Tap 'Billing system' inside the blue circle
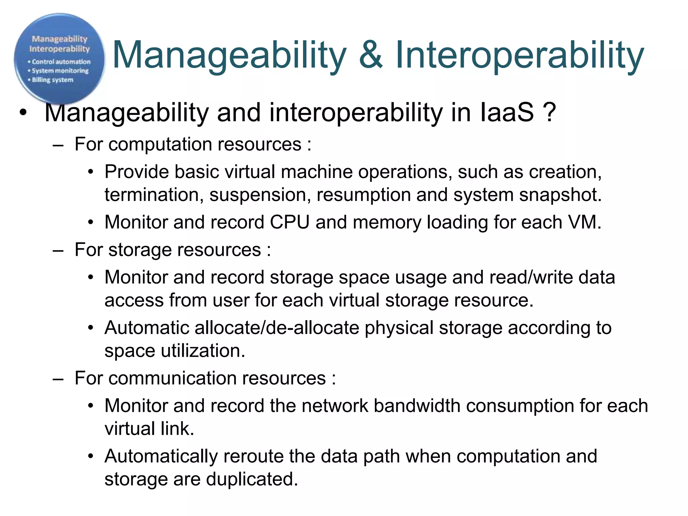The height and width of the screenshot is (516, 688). pos(52,80)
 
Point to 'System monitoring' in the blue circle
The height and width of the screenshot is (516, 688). pos(60,71)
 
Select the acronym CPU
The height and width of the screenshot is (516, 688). pos(290,222)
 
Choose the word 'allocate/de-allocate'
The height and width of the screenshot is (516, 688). pos(277,328)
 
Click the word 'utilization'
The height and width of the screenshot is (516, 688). pos(203,351)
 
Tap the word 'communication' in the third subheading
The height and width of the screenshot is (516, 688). pos(217,378)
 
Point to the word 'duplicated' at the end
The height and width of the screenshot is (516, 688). pos(252,479)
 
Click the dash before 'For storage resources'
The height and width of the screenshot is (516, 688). pos(58,251)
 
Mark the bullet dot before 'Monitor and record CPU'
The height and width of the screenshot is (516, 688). pos(90,223)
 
